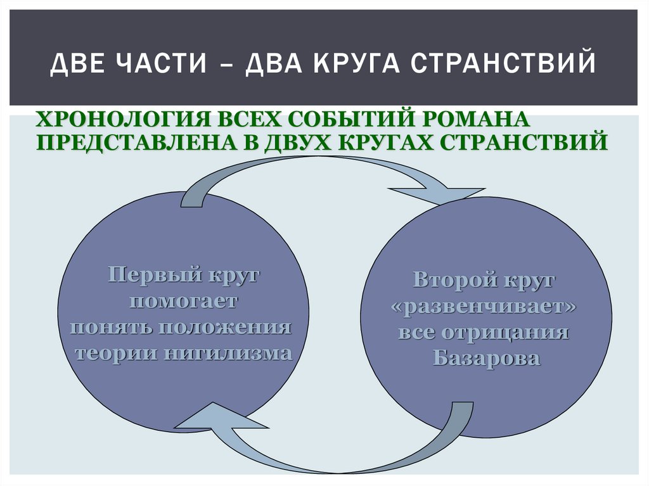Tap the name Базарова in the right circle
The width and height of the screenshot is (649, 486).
[x=487, y=359]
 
